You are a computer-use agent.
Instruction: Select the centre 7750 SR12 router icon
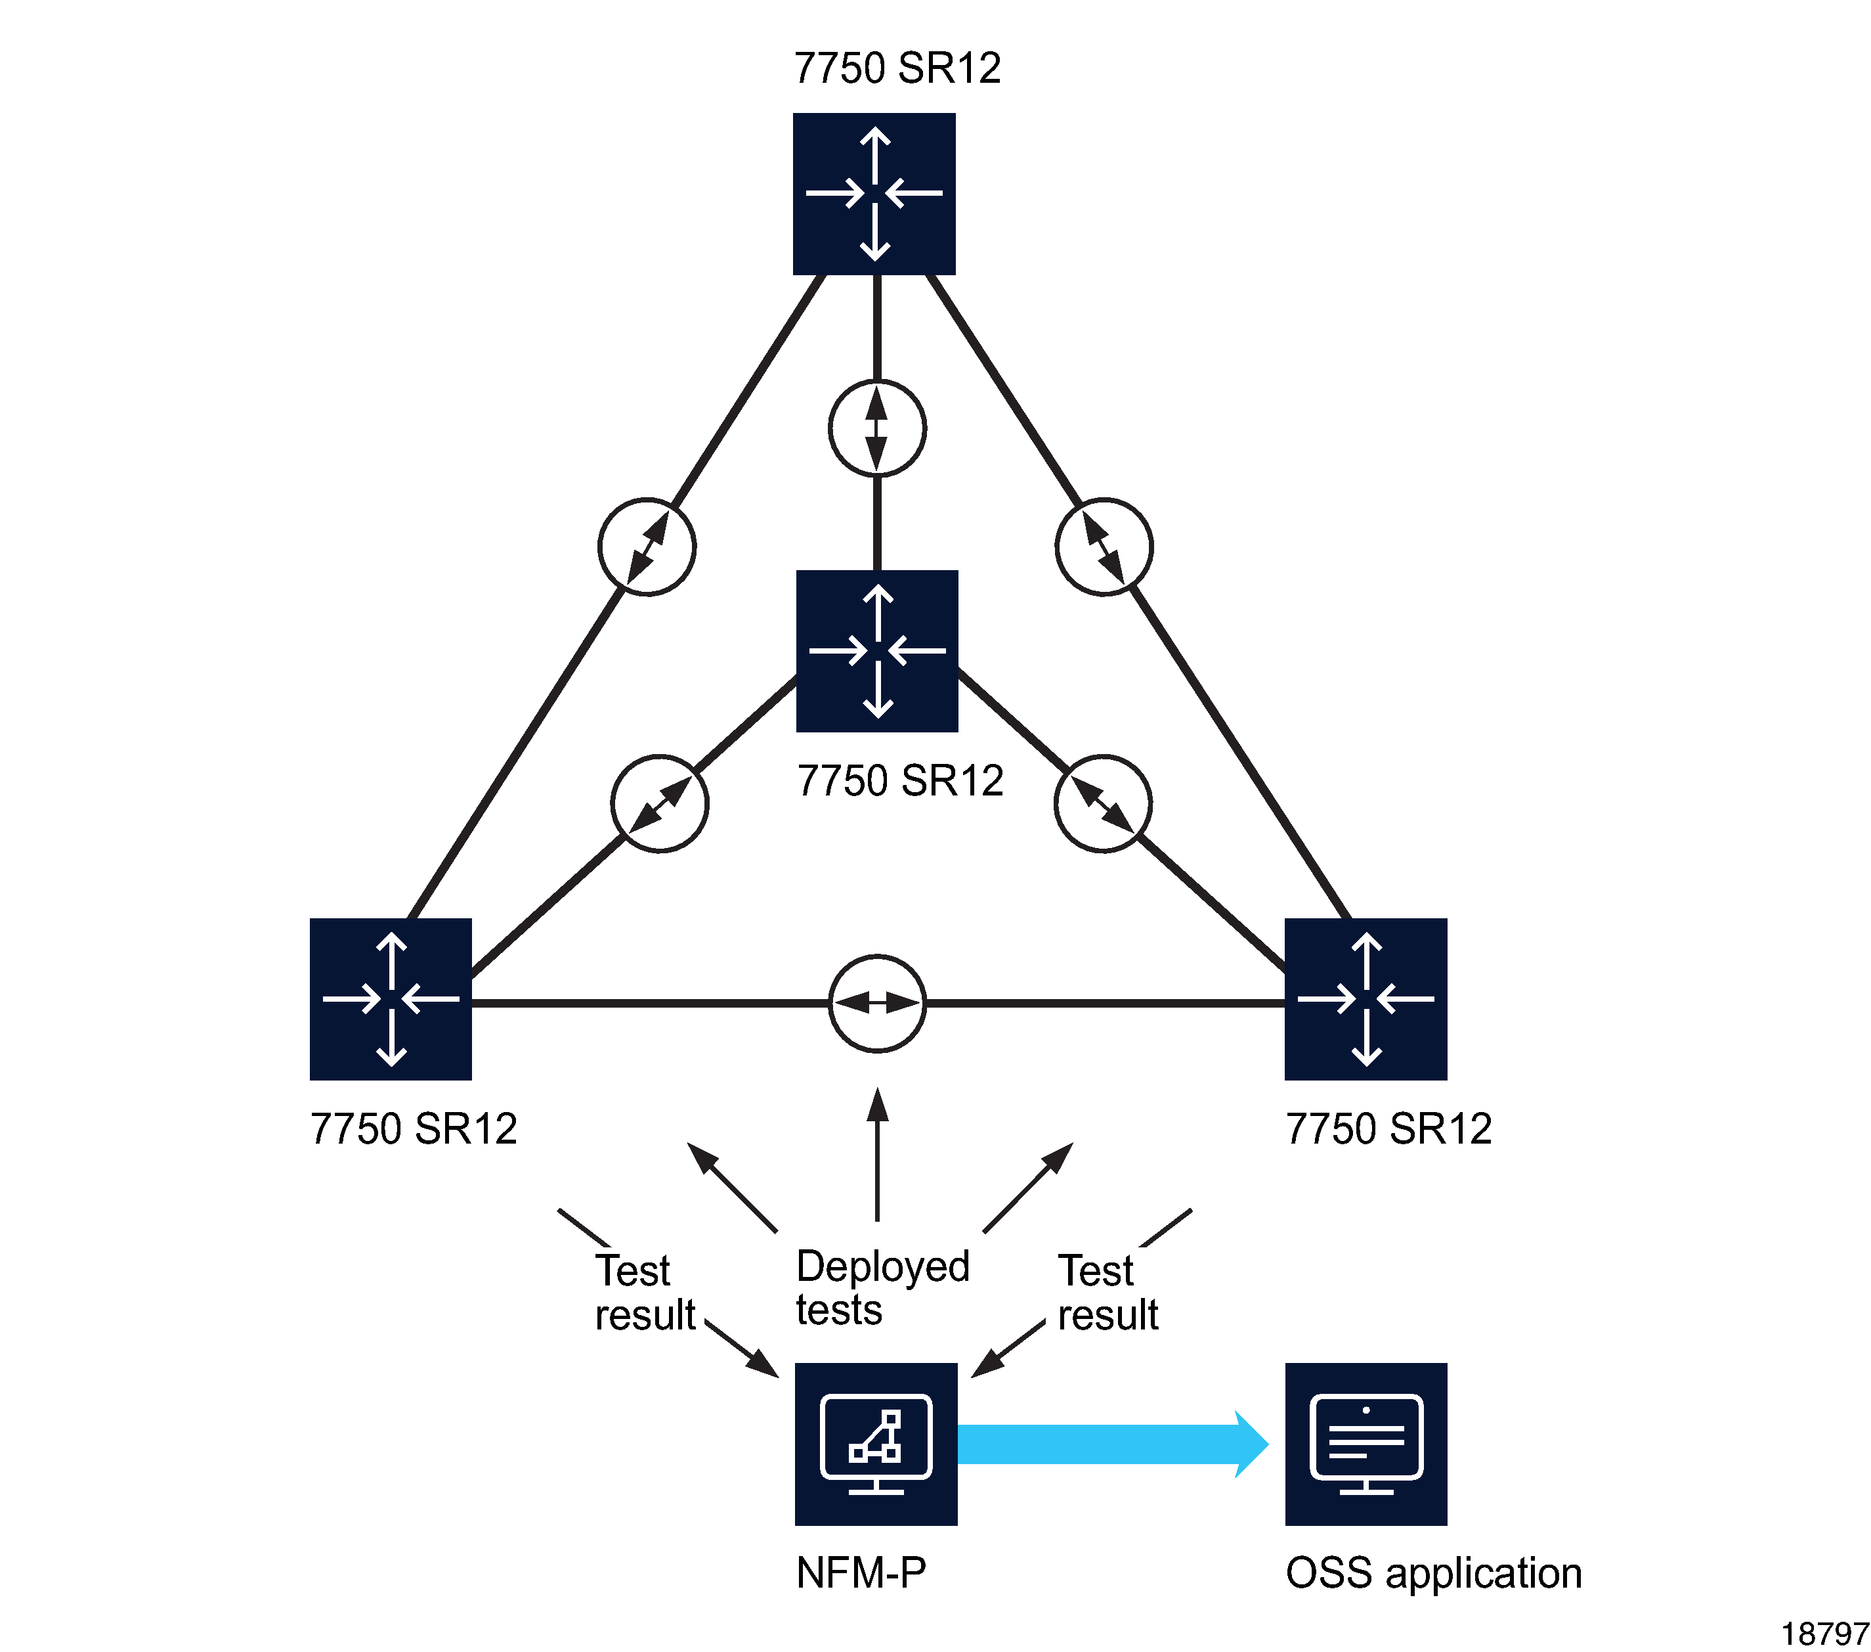pos(877,651)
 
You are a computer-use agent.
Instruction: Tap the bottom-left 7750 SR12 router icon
pos(391,999)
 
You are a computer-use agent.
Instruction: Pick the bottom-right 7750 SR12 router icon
pos(1366,999)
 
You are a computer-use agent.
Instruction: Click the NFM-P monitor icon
pos(876,1444)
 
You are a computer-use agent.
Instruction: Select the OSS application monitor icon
pos(1366,1444)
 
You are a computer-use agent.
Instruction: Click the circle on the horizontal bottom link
pos(877,1004)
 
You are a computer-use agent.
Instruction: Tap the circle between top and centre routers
pos(877,428)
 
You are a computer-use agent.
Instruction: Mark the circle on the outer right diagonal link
pos(1104,547)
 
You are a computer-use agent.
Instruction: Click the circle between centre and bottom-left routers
pos(659,804)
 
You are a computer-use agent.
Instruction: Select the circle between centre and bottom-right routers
pos(1103,804)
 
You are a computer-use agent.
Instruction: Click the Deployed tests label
pos(882,1287)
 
